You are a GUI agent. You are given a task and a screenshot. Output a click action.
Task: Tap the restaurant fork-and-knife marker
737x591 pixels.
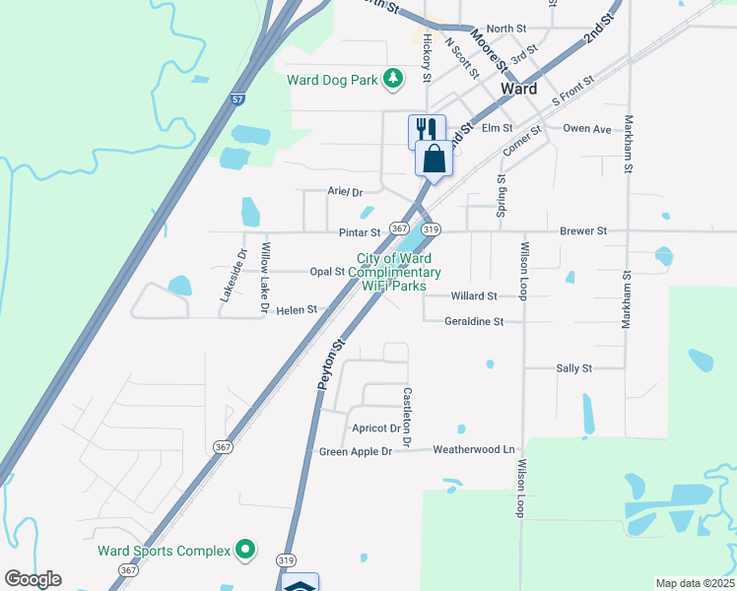[x=427, y=130]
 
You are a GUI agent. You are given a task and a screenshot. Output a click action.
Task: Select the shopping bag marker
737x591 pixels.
[x=435, y=158]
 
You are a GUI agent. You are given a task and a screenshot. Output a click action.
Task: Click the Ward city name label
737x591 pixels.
[x=519, y=89]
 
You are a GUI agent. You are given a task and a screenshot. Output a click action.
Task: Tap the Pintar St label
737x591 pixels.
[x=360, y=232]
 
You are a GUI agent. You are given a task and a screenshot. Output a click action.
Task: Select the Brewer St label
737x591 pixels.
[x=583, y=230]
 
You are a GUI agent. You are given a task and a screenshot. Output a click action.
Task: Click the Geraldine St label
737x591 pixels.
[x=474, y=321]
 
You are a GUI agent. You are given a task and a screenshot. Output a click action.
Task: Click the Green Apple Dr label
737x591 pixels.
[x=356, y=451]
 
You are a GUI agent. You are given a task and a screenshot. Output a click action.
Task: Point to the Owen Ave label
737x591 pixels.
[x=587, y=128]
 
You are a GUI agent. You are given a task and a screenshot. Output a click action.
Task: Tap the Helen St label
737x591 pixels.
[x=297, y=309]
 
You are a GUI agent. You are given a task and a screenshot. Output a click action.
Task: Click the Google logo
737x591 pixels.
[x=33, y=579]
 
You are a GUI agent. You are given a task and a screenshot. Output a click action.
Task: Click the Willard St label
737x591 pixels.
[x=473, y=295]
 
